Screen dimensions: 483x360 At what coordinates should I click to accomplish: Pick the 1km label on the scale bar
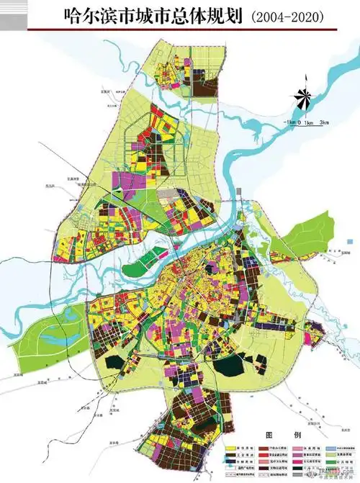pos(310,123)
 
